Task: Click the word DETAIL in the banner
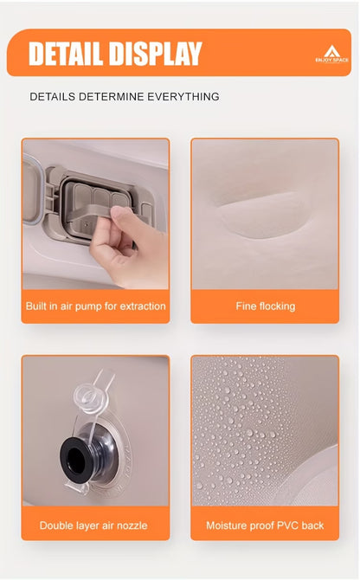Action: click(x=66, y=54)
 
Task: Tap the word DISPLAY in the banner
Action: click(x=156, y=54)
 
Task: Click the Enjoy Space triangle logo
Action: click(x=331, y=51)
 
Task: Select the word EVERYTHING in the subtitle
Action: click(x=183, y=97)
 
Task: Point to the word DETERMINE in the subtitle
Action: click(x=111, y=97)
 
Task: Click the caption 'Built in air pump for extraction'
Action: click(x=96, y=306)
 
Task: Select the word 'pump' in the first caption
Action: click(x=86, y=307)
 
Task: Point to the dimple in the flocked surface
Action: click(x=261, y=216)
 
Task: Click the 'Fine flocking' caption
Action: click(x=266, y=306)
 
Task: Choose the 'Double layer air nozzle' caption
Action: click(x=93, y=525)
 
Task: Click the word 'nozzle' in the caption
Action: click(x=132, y=525)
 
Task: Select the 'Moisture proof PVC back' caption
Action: click(x=265, y=525)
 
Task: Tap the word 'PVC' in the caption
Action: click(x=287, y=525)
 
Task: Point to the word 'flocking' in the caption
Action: click(x=277, y=306)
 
